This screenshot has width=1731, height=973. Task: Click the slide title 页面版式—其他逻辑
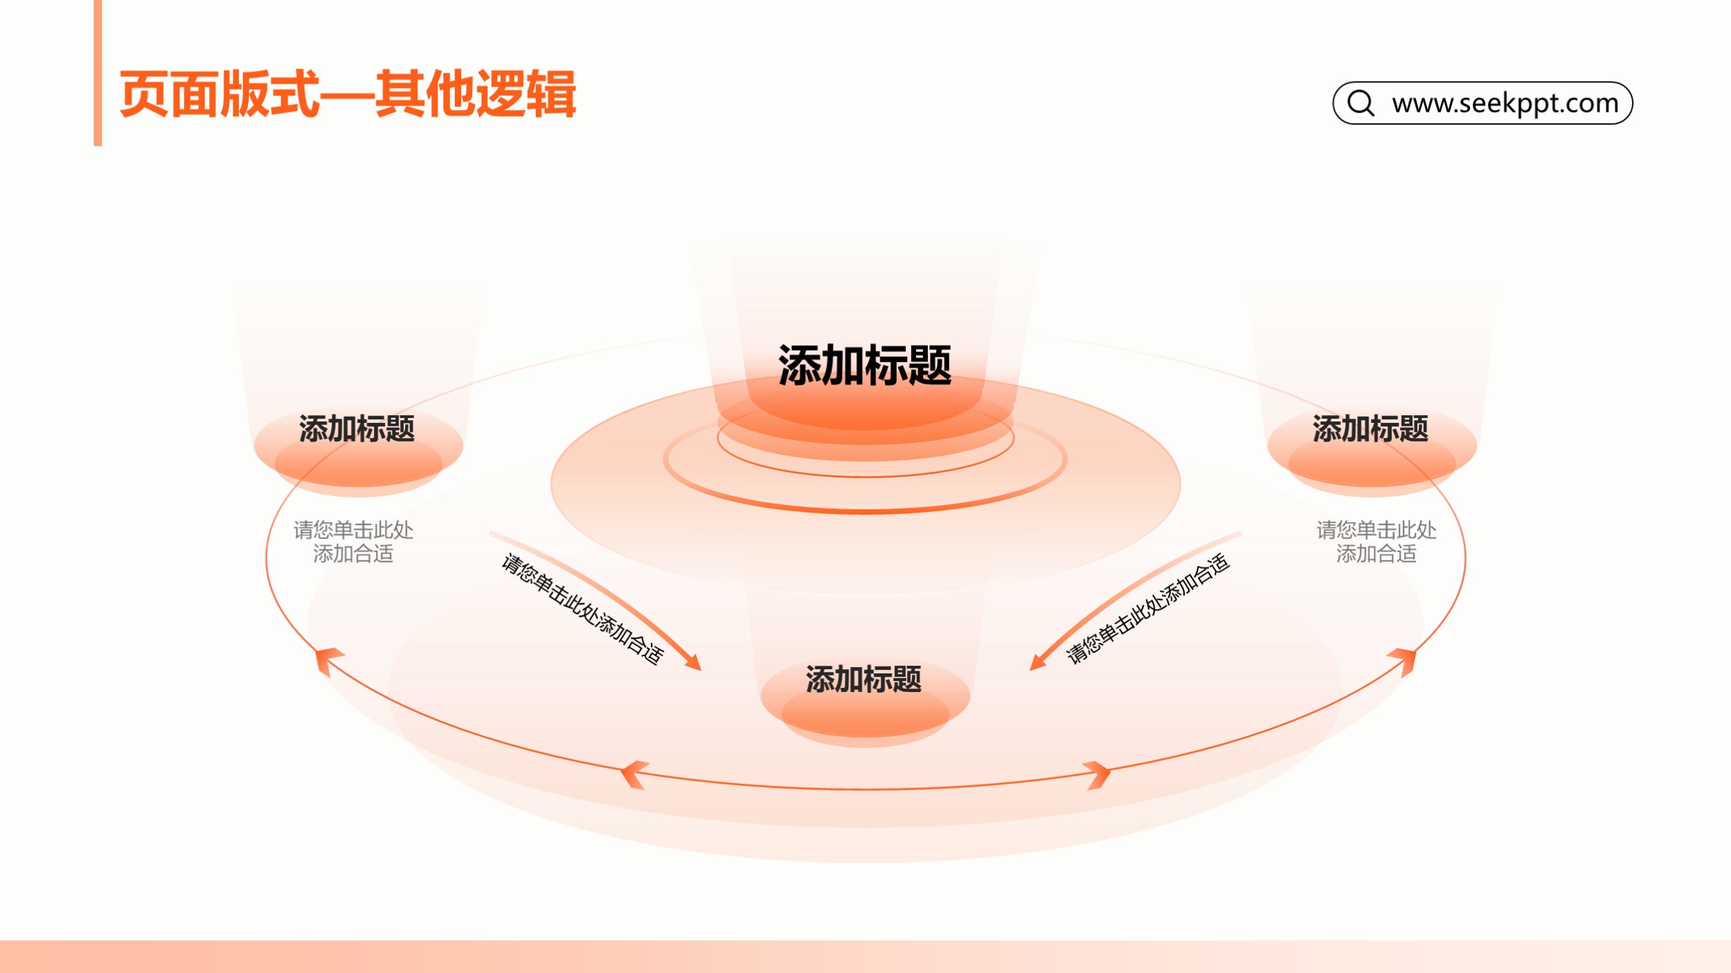pos(348,94)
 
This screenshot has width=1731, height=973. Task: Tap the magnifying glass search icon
pos(1361,103)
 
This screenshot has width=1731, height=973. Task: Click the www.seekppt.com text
pos(1505,103)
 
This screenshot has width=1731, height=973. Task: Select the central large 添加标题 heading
pos(865,365)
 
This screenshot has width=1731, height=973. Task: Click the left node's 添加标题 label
pos(357,429)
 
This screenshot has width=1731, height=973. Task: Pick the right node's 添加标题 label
pos(1370,429)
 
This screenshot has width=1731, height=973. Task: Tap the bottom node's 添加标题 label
pos(863,680)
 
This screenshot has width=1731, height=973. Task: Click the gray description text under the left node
pos(353,542)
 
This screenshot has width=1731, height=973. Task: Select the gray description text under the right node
pos(1376,542)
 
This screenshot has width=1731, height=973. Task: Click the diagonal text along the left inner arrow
pos(582,609)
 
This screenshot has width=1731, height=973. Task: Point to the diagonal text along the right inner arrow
pos(1147,609)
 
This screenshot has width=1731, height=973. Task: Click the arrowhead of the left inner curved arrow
pos(692,662)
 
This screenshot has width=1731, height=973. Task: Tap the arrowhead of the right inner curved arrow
pos(1039,662)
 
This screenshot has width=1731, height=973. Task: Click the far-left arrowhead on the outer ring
pos(327,660)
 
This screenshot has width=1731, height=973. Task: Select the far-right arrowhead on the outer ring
pos(1403,660)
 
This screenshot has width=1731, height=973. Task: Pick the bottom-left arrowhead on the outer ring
pos(634,774)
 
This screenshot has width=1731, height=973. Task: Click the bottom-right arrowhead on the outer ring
pos(1097,774)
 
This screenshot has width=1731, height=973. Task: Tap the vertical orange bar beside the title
pos(98,73)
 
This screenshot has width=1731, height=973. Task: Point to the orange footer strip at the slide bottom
pos(865,956)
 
